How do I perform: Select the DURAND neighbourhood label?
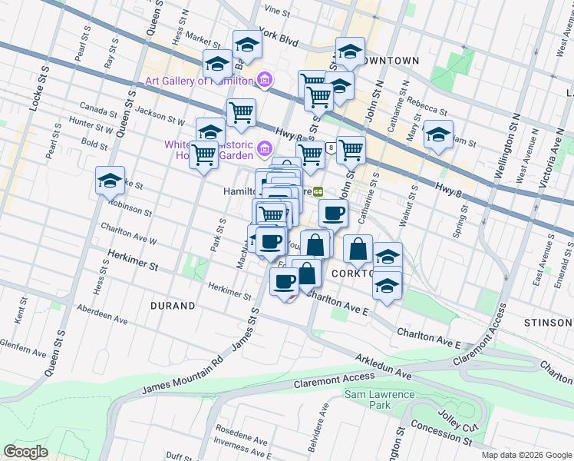coord(173,306)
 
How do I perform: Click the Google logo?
coord(26,451)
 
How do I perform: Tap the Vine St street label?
coord(276,12)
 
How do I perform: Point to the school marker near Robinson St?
coord(111,182)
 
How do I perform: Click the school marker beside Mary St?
coord(438,134)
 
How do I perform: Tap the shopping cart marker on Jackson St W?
coord(241,113)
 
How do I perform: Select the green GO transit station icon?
coord(316,192)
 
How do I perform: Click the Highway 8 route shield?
coord(330,148)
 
